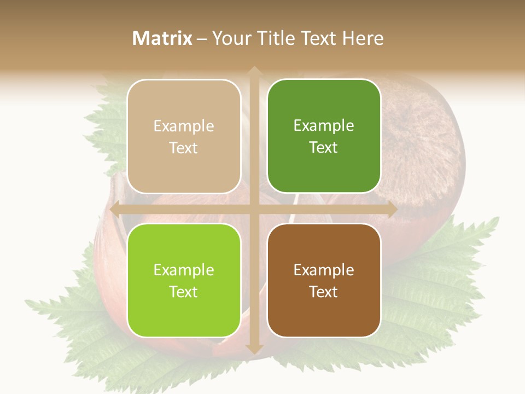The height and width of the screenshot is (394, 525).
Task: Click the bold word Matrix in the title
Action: (x=162, y=38)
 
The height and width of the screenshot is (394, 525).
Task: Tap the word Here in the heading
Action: (x=363, y=38)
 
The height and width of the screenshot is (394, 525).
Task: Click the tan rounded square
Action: (x=184, y=136)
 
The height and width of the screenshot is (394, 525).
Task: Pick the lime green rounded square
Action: (x=184, y=280)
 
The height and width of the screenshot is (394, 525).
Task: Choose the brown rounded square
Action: (x=324, y=280)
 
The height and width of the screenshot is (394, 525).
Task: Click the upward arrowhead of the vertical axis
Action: (x=254, y=71)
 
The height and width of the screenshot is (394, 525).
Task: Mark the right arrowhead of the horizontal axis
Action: (x=392, y=209)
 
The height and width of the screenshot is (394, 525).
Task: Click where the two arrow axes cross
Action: (x=254, y=209)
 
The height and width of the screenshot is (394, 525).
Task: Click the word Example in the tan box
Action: (x=184, y=126)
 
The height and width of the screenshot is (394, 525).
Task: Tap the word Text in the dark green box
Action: (x=324, y=147)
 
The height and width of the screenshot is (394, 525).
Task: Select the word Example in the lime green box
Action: (x=184, y=270)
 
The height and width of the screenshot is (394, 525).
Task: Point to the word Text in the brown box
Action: (x=324, y=292)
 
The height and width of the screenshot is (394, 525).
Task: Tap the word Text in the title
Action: (x=320, y=38)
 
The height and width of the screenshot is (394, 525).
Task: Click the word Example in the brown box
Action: (x=324, y=270)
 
